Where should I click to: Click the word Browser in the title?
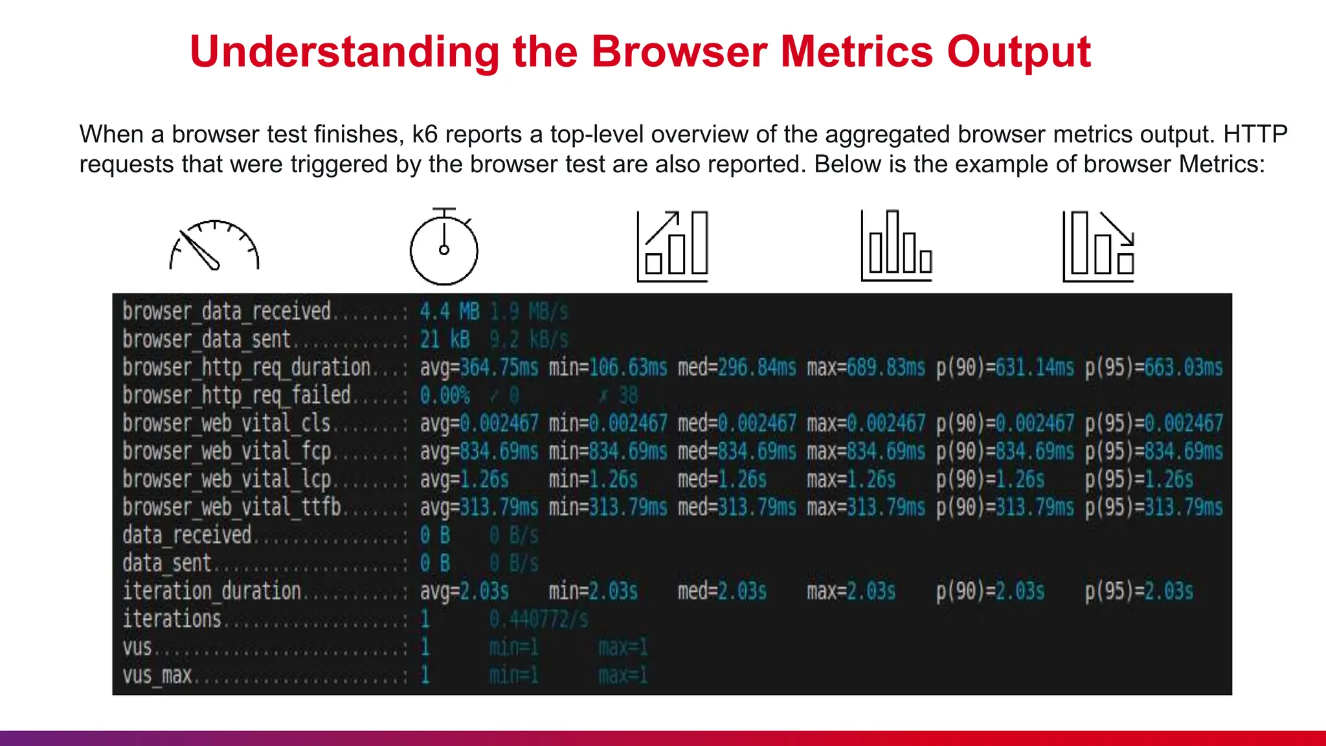[x=679, y=52]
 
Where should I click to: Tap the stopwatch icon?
[x=444, y=247]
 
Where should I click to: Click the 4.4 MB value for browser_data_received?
[x=450, y=312]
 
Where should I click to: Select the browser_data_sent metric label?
[x=207, y=339]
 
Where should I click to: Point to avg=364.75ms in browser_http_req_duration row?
[x=479, y=368]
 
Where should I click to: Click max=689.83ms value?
[x=866, y=368]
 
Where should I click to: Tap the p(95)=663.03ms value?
[x=1154, y=368]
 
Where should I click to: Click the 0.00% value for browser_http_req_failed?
[x=445, y=396]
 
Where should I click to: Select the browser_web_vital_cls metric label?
[x=227, y=424]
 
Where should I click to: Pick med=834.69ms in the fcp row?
[x=737, y=451]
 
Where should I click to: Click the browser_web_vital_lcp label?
[x=227, y=479]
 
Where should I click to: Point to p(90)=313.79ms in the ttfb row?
[x=1005, y=507]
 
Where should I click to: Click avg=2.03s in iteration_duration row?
[x=464, y=591]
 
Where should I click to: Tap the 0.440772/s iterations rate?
[x=539, y=620]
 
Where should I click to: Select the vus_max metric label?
[x=157, y=675]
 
